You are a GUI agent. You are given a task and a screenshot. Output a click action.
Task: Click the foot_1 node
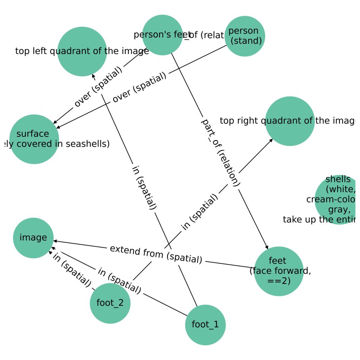(x=205, y=325)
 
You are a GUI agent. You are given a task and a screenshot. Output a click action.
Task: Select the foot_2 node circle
(x=110, y=303)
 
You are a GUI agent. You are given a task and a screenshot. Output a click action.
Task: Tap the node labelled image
(x=33, y=238)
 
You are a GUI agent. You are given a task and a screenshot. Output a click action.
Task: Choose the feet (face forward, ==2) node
(x=279, y=271)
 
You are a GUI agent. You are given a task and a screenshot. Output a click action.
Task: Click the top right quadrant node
(x=290, y=121)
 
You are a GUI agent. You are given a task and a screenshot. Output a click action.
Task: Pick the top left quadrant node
(x=82, y=51)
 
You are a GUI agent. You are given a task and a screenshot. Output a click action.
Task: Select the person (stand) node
(x=245, y=36)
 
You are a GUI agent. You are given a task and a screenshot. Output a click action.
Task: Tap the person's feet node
(x=163, y=35)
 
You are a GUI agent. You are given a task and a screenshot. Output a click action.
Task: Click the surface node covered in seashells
(x=34, y=139)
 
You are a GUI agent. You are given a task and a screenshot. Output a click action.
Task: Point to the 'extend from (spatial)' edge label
(x=156, y=254)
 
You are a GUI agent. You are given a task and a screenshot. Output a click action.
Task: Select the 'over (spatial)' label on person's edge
(x=139, y=87)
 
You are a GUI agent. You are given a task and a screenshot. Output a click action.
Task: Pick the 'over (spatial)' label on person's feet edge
(x=98, y=87)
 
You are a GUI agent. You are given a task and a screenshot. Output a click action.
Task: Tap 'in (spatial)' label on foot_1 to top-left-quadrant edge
(x=144, y=187)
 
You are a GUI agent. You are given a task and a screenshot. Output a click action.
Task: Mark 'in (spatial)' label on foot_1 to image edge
(x=119, y=281)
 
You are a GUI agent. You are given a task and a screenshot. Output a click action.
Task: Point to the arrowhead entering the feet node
(x=267, y=248)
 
